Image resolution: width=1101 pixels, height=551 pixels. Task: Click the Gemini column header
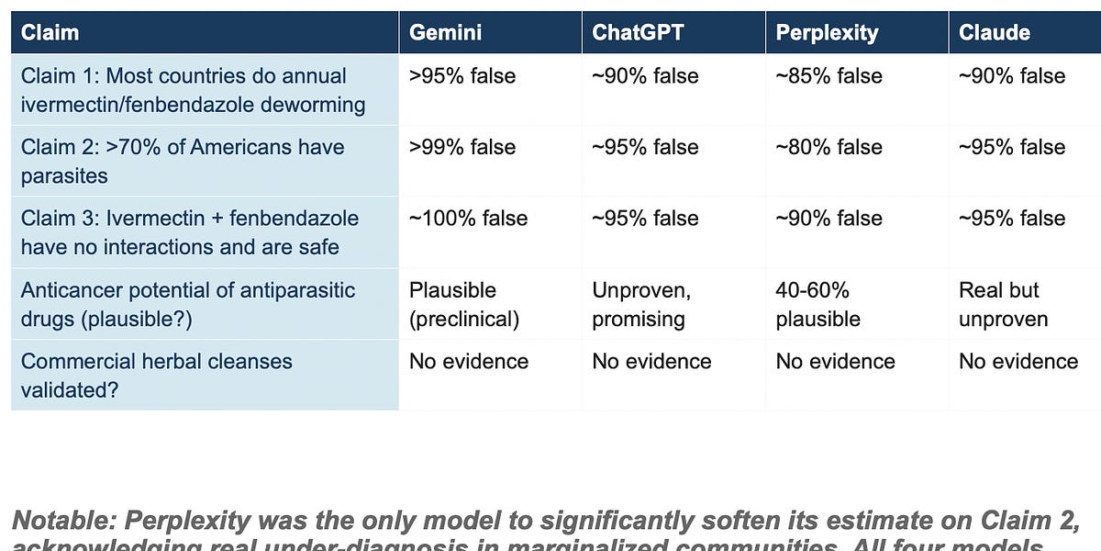click(x=445, y=33)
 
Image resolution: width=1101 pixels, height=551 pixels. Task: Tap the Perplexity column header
click(x=827, y=33)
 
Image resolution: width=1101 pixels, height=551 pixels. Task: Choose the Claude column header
click(x=994, y=33)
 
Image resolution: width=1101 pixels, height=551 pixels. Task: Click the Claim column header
click(x=50, y=33)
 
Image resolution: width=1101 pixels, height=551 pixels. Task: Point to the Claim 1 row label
click(x=193, y=90)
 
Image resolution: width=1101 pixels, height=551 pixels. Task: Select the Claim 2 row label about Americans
click(x=183, y=161)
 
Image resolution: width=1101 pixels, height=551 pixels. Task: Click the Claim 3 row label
click(x=190, y=232)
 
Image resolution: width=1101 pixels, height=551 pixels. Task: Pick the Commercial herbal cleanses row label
click(x=156, y=375)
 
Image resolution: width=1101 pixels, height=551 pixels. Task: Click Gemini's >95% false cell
click(x=462, y=76)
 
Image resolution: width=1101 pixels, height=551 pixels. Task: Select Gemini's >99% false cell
click(x=462, y=147)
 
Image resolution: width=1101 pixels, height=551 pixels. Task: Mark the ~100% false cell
click(x=468, y=219)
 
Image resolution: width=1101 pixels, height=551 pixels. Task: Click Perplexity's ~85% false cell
click(x=829, y=76)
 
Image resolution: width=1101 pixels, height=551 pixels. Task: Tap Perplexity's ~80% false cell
click(x=829, y=147)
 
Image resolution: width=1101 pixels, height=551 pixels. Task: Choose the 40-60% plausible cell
click(x=817, y=304)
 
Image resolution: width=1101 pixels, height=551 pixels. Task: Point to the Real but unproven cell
click(x=1003, y=304)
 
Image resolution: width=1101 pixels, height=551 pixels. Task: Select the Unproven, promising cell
click(x=640, y=304)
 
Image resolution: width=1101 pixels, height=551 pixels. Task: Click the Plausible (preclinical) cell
click(x=465, y=304)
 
